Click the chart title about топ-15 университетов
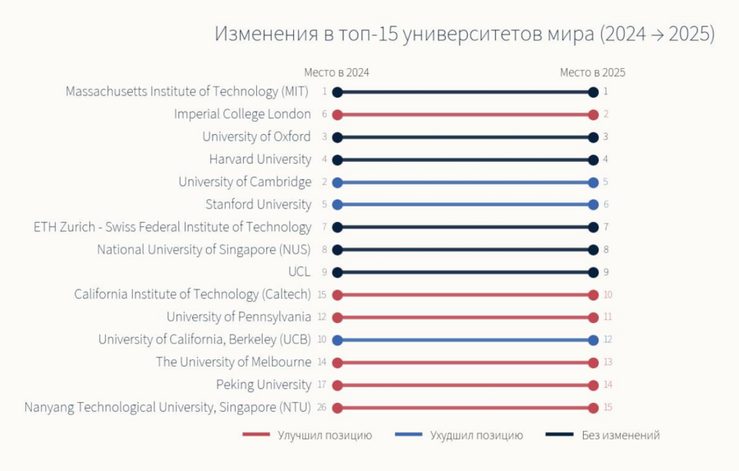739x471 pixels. click(x=465, y=34)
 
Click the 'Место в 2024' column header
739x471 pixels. click(x=337, y=72)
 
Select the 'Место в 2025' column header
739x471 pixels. click(x=593, y=72)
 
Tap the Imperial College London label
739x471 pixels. click(x=242, y=114)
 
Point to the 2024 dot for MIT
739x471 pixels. click(x=337, y=92)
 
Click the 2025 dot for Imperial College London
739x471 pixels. click(x=593, y=114)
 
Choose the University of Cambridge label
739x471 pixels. click(x=245, y=182)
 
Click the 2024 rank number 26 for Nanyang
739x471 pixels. click(x=324, y=408)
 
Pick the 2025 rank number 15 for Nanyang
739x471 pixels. click(x=608, y=408)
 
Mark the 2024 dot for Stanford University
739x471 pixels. click(x=337, y=205)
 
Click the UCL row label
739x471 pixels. click(x=300, y=272)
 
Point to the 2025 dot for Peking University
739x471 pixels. click(x=593, y=385)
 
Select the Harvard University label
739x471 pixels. click(x=260, y=159)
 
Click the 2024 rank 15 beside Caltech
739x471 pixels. click(x=324, y=294)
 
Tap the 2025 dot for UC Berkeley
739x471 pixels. click(x=593, y=339)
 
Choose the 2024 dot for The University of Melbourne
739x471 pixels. click(x=337, y=362)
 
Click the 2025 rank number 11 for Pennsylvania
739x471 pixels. click(x=608, y=317)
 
